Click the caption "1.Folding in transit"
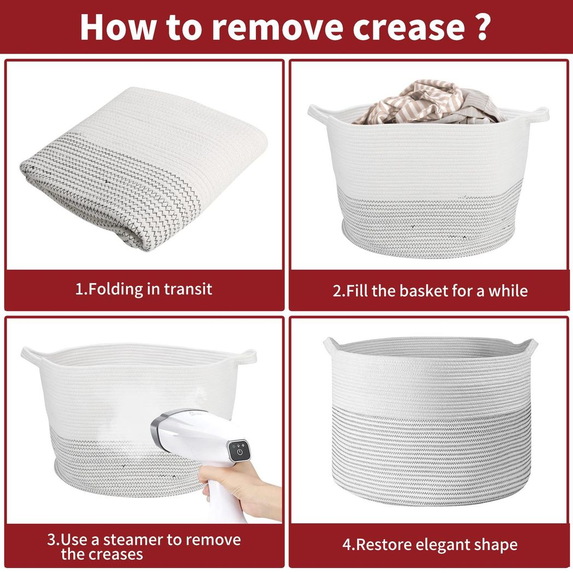[x=144, y=289]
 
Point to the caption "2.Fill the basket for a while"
[x=430, y=291]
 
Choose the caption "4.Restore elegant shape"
[x=430, y=545]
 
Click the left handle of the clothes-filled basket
[x=319, y=115]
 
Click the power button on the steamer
[x=239, y=452]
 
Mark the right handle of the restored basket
[x=530, y=346]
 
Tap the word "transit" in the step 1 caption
[x=188, y=289]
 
